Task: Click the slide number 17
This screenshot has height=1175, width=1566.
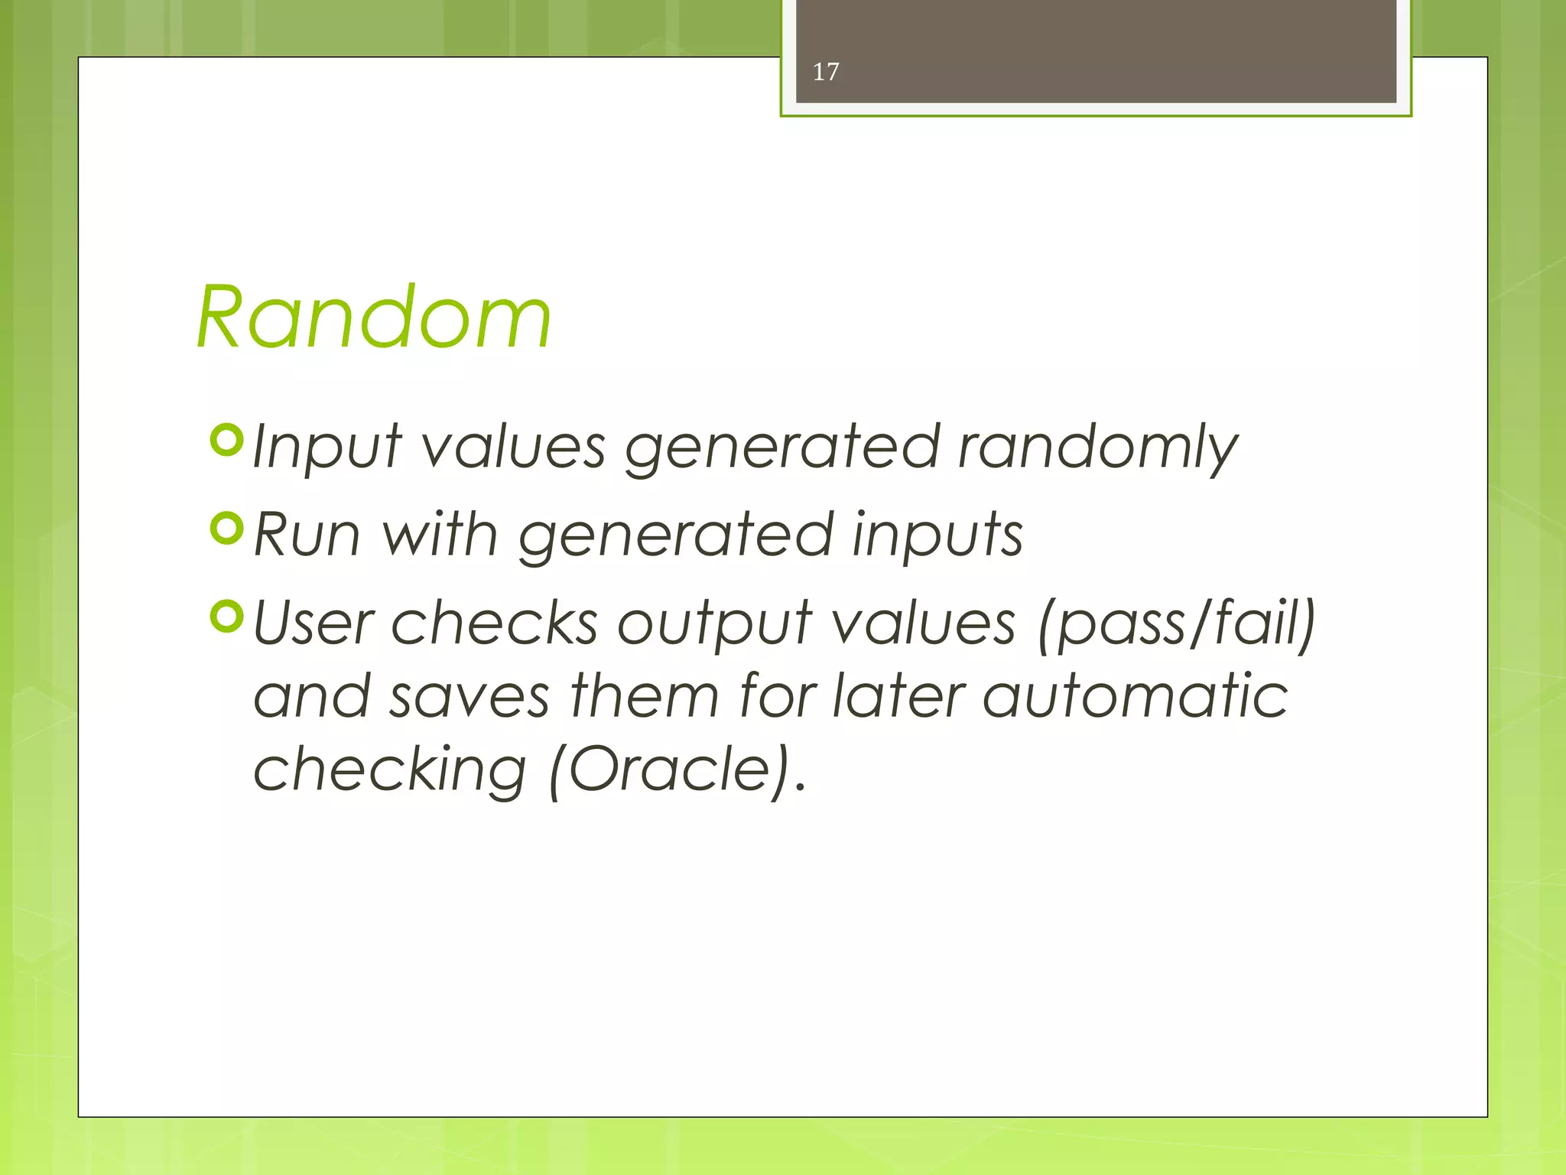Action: coord(826,72)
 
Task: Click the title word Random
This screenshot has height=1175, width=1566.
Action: coord(373,317)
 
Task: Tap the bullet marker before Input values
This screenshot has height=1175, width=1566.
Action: coord(226,441)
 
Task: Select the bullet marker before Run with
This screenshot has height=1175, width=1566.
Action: coord(226,528)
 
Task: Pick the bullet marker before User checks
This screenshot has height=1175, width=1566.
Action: coord(226,617)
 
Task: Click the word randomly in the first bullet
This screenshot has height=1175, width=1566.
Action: coord(1097,448)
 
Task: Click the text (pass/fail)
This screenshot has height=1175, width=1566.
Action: coord(1176,624)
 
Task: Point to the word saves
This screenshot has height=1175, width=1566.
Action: coord(469,698)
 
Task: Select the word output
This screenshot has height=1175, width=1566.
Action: coord(714,626)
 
